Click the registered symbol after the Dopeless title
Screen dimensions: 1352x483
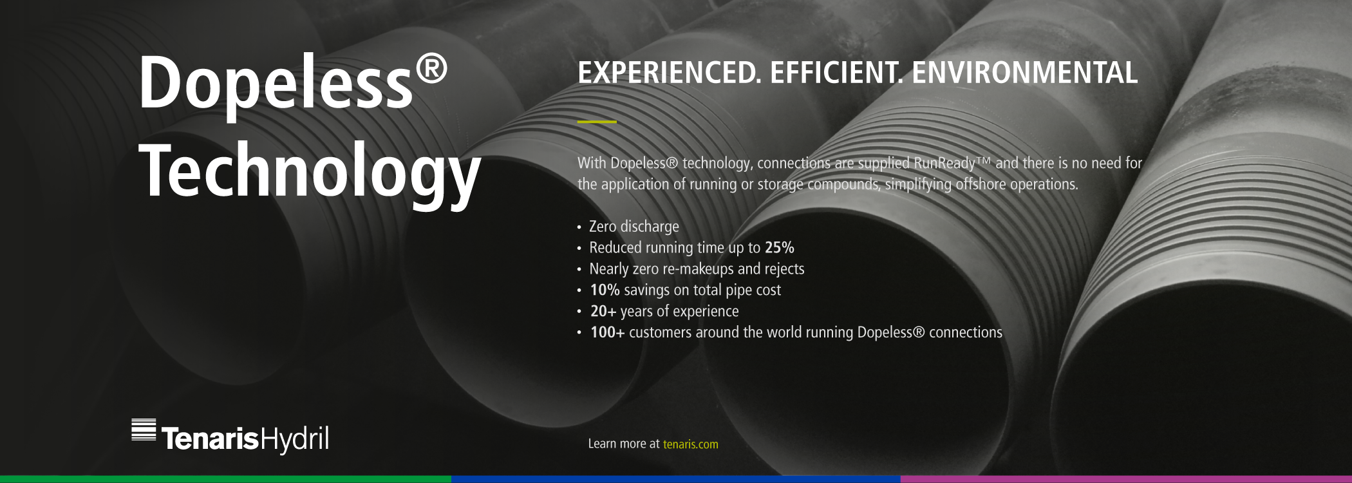[x=431, y=68]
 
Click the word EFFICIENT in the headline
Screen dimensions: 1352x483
[x=836, y=73]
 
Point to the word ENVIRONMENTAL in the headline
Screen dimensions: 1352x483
[x=1025, y=73]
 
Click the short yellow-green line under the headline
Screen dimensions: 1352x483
[x=597, y=121]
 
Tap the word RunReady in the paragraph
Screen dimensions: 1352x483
[x=944, y=164]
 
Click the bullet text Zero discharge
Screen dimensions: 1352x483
[x=634, y=227]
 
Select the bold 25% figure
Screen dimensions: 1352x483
[x=780, y=248]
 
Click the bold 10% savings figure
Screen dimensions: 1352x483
[x=605, y=290]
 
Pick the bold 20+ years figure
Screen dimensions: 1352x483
[x=603, y=312]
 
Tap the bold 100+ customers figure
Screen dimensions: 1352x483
[x=608, y=333]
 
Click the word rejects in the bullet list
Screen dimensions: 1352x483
[x=784, y=269]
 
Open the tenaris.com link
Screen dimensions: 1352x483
[x=691, y=444]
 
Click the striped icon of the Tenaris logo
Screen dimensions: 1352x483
[x=144, y=430]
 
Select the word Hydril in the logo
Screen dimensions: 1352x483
[x=295, y=439]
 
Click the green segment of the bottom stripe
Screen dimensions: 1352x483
[x=225, y=479]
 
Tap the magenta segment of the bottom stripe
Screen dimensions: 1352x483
[x=1126, y=479]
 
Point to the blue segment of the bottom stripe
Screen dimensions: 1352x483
[x=676, y=479]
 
